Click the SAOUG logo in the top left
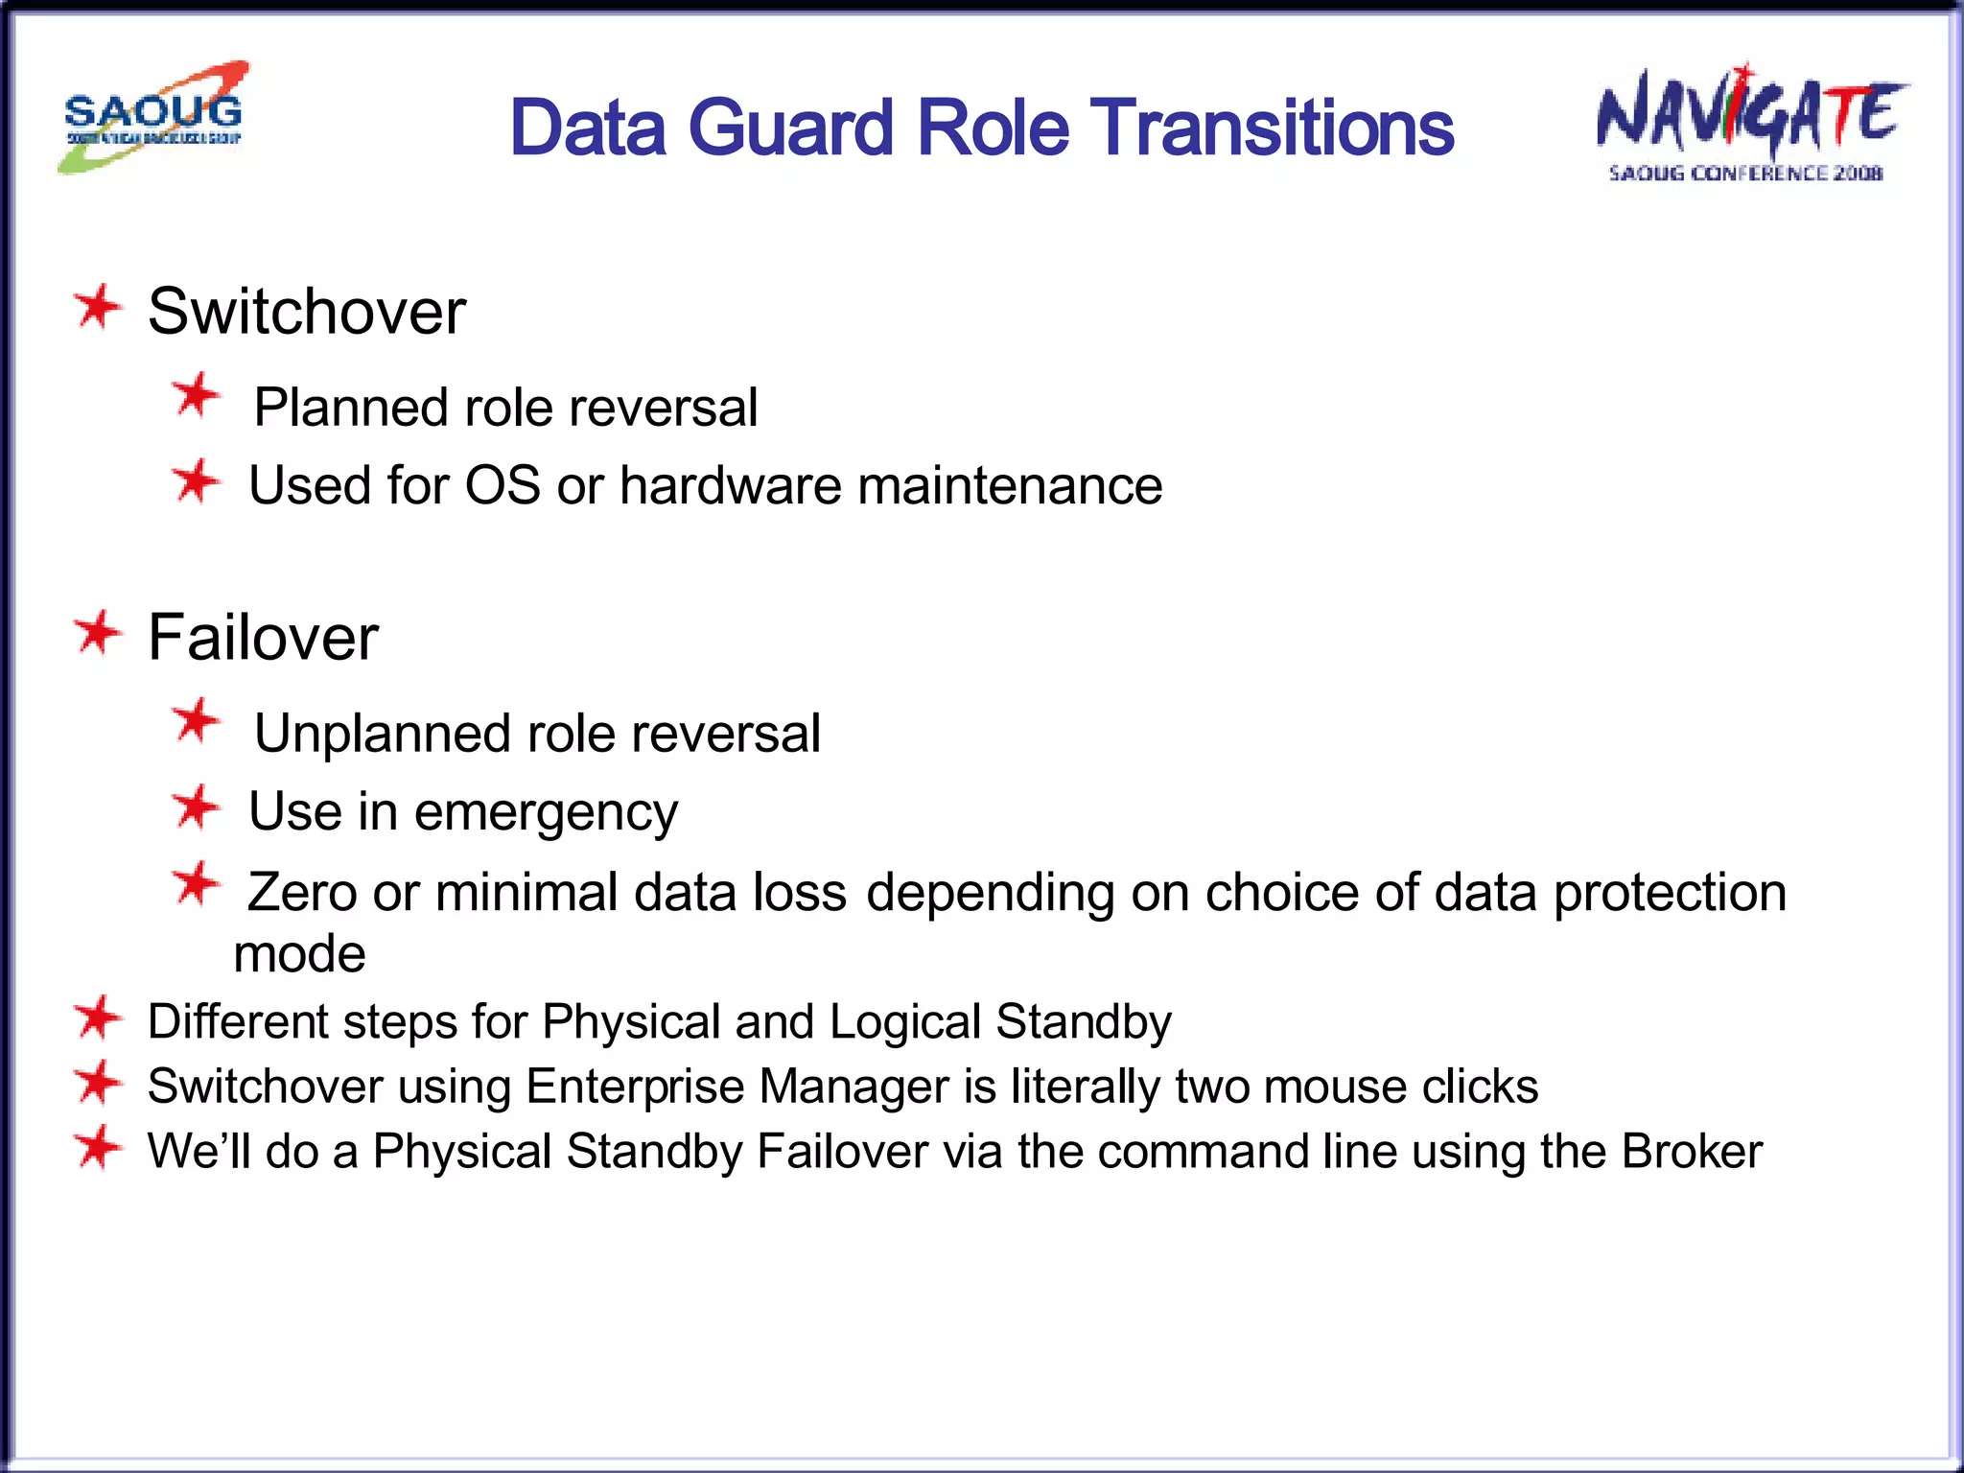[x=153, y=118]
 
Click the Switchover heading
[x=306, y=312]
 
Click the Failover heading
[x=263, y=638]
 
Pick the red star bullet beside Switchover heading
[x=98, y=308]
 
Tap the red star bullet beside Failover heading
[x=98, y=634]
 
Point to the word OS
[x=502, y=485]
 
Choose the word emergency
[x=546, y=813]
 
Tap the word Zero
[x=302, y=893]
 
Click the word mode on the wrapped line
[x=299, y=954]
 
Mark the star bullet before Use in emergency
[x=198, y=807]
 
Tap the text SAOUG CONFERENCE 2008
[x=1745, y=174]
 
